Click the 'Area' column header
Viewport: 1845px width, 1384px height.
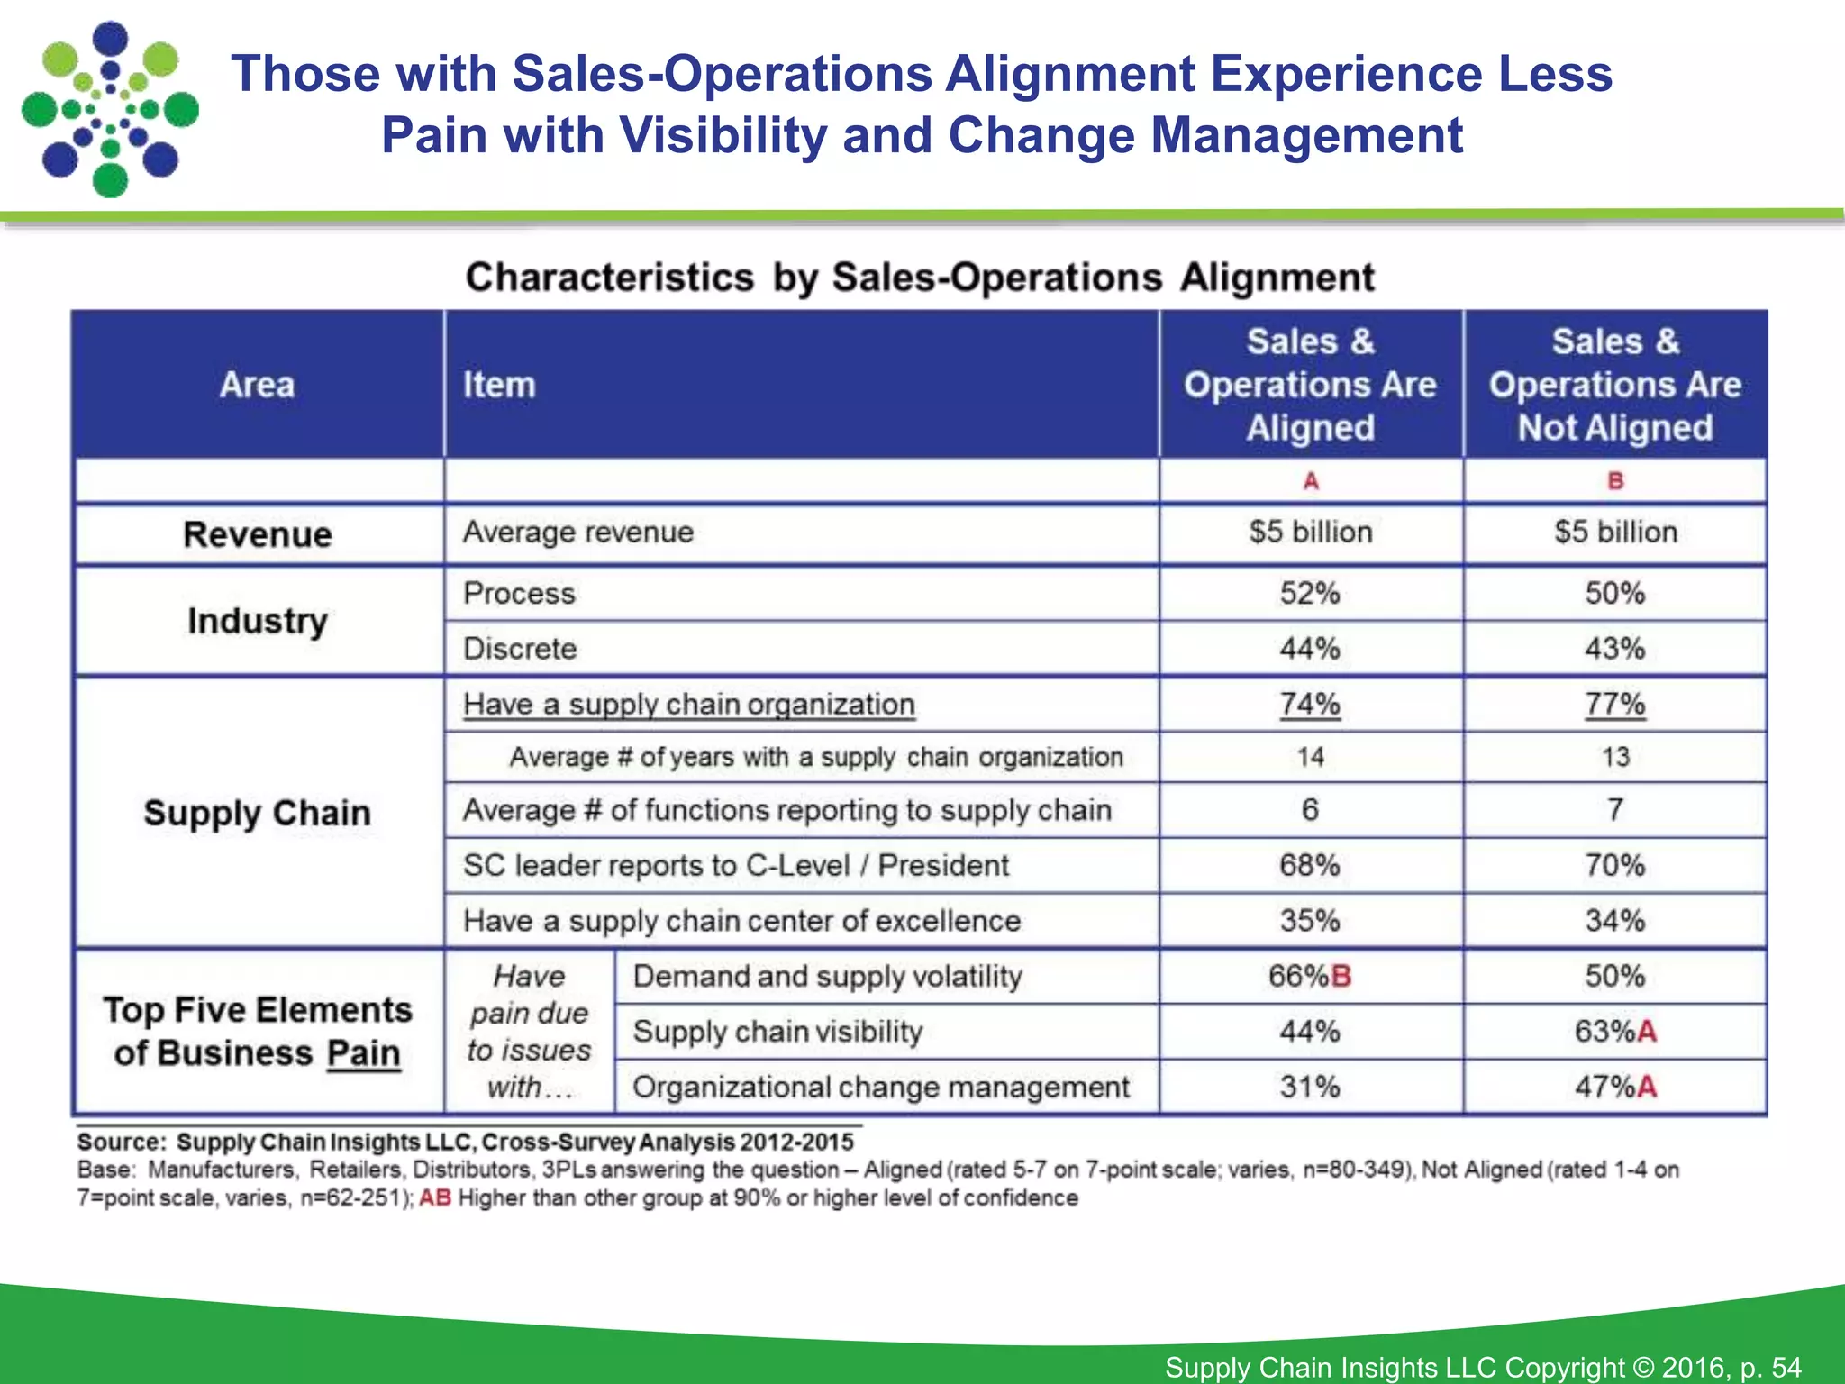pos(257,385)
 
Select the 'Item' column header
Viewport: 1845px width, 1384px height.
pos(499,385)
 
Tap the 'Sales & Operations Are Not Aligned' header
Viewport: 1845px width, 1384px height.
pos(1614,385)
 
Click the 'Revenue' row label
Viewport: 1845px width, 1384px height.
pos(257,534)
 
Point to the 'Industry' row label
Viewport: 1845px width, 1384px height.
pos(257,621)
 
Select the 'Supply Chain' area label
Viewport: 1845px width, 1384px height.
pos(257,813)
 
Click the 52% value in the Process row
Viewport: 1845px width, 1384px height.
pos(1310,594)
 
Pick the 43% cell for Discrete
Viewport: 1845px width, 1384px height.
pos(1614,649)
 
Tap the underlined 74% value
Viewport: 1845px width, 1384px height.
pos(1310,704)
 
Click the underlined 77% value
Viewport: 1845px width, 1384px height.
pos(1614,704)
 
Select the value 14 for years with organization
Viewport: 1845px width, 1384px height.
pos(1310,757)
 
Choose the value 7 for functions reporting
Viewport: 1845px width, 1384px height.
pos(1614,810)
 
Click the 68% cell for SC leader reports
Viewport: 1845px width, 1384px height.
pos(1310,866)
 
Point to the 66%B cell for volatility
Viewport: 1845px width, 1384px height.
pos(1310,976)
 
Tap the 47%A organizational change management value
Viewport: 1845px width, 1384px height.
pos(1614,1087)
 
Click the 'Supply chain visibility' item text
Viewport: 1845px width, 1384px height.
pos(777,1032)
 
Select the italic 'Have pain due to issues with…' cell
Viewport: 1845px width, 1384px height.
pos(529,1032)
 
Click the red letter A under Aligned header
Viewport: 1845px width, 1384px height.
pos(1311,481)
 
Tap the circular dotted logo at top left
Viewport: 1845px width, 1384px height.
pos(110,110)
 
